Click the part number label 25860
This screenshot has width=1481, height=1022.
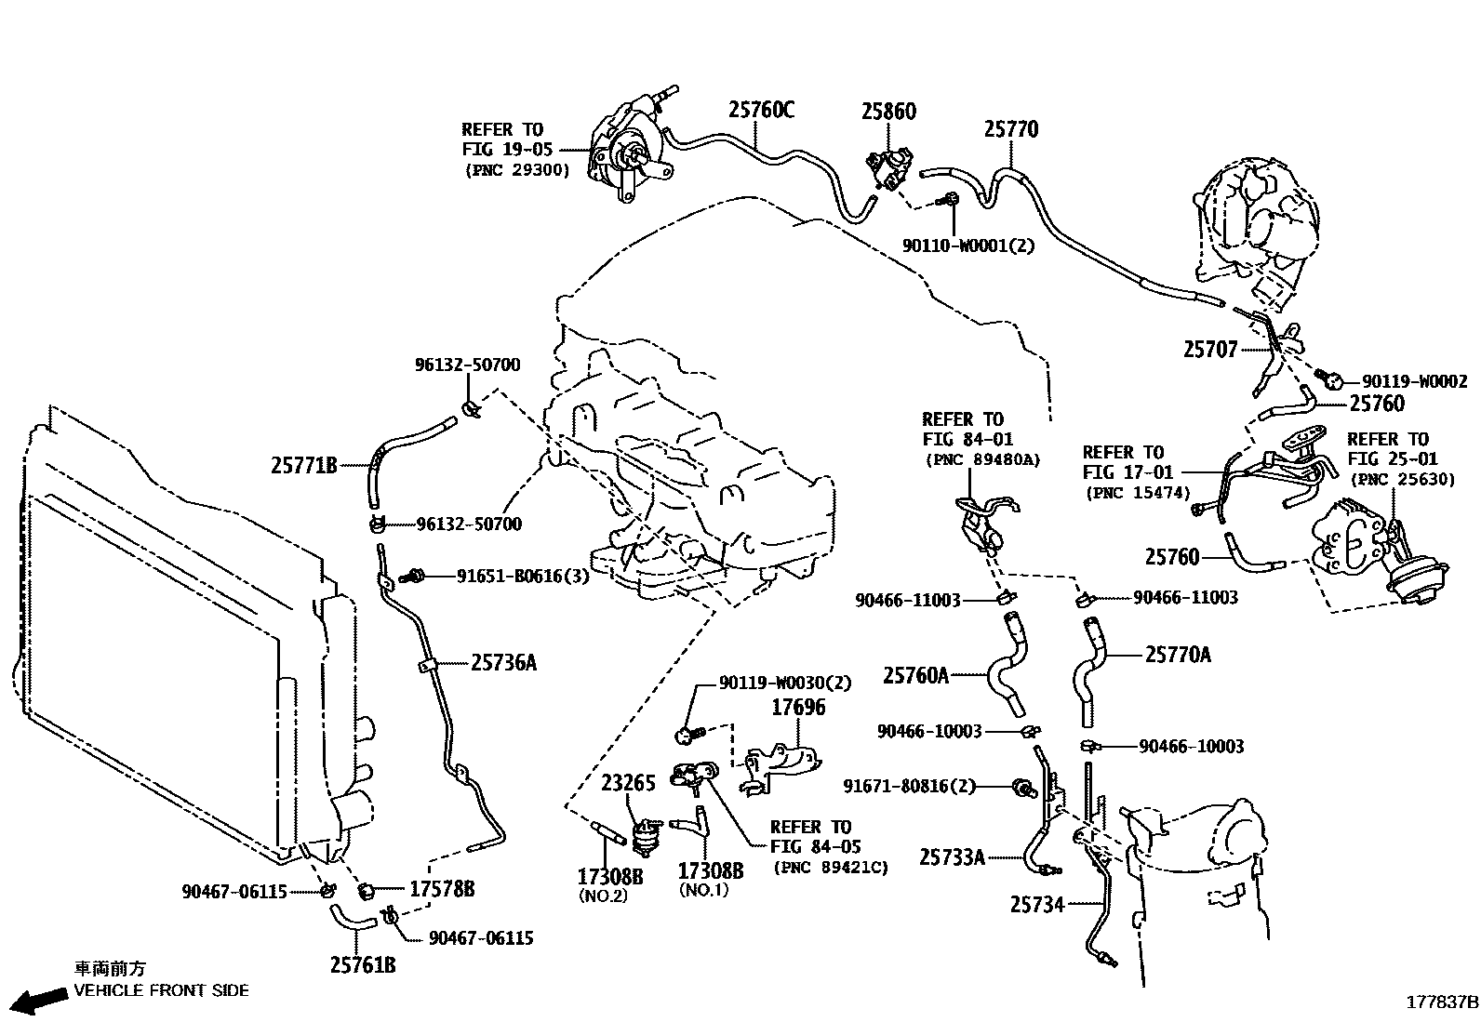click(x=887, y=112)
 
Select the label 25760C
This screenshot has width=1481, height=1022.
click(x=761, y=111)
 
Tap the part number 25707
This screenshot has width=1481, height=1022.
click(x=1210, y=350)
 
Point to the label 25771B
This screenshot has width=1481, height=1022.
click(x=303, y=465)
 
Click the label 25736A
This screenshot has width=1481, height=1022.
click(x=503, y=663)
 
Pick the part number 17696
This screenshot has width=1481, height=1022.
click(x=798, y=708)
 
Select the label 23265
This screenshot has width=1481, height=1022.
click(x=628, y=783)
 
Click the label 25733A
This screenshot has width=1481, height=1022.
click(x=951, y=856)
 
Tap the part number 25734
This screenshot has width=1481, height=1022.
click(x=1036, y=904)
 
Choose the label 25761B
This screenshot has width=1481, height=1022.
click(x=362, y=965)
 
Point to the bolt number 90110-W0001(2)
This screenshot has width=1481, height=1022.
click(x=968, y=246)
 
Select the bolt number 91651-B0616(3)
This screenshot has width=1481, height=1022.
click(x=523, y=577)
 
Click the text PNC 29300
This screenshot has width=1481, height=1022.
click(x=516, y=170)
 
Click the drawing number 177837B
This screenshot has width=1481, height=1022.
click(x=1441, y=1002)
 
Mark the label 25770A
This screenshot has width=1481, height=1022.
click(x=1178, y=656)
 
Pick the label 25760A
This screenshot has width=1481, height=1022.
click(x=915, y=675)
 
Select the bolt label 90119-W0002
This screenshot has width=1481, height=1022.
click(x=1414, y=381)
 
